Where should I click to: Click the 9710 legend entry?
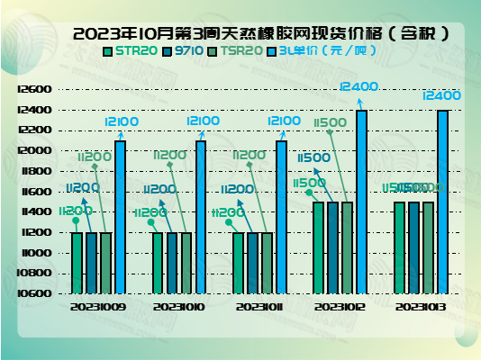[x=186, y=51]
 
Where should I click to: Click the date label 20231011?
[x=260, y=307]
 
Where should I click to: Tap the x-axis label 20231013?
[x=422, y=307]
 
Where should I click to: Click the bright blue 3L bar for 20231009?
[x=120, y=217]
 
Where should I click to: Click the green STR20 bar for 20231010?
[x=159, y=263]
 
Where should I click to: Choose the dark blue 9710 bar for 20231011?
[x=252, y=263]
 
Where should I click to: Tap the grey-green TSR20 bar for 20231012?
[x=347, y=247]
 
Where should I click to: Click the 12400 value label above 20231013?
[x=441, y=95]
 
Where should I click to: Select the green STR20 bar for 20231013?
[x=399, y=247]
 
